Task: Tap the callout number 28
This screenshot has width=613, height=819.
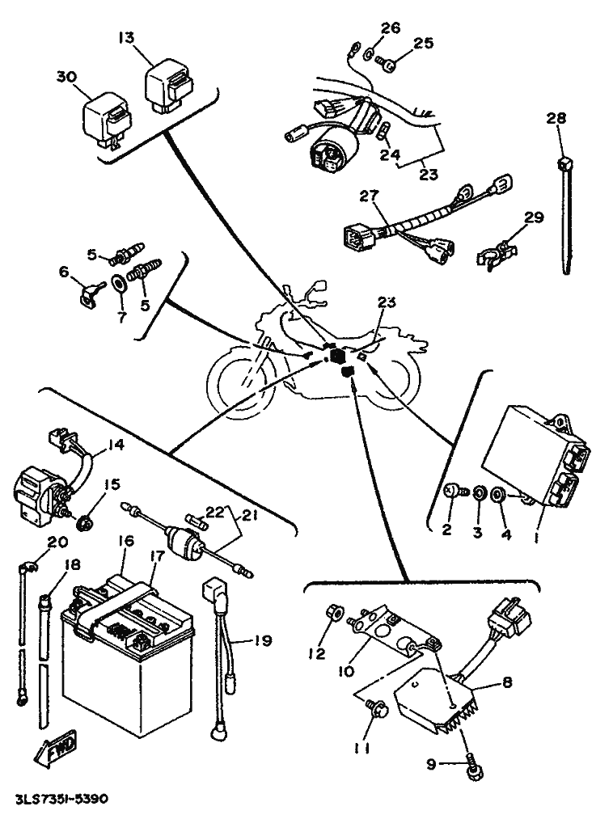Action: tap(556, 119)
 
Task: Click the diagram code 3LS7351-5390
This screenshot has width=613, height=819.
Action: tap(61, 799)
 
